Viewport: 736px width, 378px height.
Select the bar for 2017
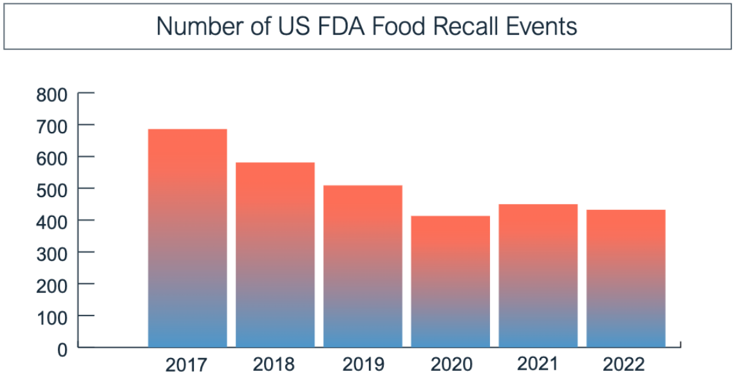187,238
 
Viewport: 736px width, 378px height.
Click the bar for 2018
275,255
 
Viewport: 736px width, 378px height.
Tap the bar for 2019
363,267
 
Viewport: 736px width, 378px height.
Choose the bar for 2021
538,276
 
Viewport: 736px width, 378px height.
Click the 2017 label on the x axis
187,364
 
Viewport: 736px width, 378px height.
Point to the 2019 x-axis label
363,364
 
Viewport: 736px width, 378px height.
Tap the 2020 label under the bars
451,364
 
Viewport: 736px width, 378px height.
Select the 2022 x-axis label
624,364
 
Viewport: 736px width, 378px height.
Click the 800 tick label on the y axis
52,95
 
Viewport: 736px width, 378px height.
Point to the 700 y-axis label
52,127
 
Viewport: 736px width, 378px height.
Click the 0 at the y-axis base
62,350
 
